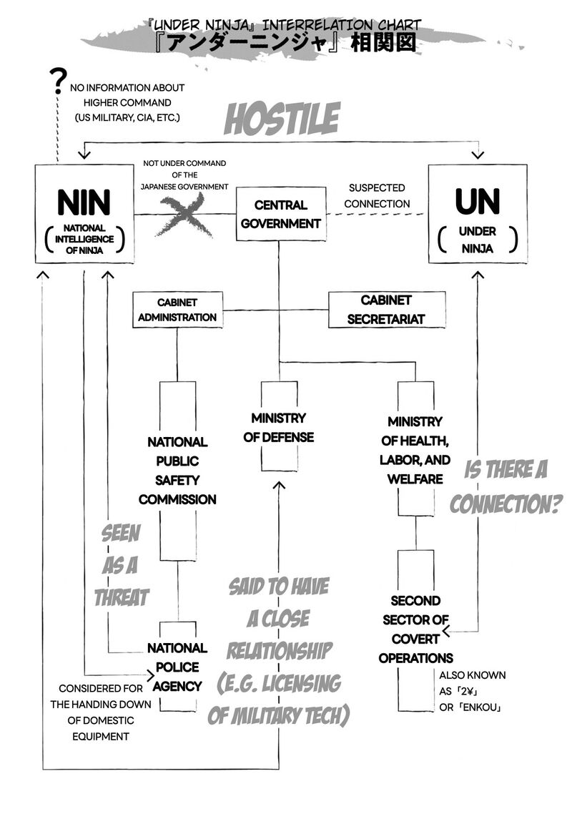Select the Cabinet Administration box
tap(177, 310)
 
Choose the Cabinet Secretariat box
tap(386, 310)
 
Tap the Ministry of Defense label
tap(278, 427)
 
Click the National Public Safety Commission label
tap(177, 471)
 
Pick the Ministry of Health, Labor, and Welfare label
tap(415, 450)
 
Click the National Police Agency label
tap(177, 667)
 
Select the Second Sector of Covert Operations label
tap(415, 629)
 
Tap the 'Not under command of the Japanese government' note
tap(185, 175)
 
